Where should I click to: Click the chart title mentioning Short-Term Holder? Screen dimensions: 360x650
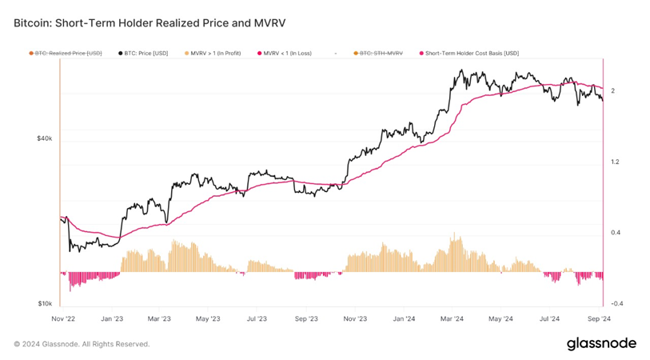[150, 23]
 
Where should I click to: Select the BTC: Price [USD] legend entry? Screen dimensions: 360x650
[146, 54]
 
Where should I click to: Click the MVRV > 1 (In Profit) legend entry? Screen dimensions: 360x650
[215, 54]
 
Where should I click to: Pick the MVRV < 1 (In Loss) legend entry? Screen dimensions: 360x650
[287, 54]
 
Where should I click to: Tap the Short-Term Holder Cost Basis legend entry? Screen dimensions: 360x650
[472, 54]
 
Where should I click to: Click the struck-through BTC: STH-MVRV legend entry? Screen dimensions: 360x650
[381, 54]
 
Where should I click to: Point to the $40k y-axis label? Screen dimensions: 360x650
[45, 138]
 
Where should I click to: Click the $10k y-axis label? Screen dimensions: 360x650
[45, 304]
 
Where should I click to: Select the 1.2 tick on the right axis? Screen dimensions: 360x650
[615, 162]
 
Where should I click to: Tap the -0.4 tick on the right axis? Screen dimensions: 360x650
[616, 304]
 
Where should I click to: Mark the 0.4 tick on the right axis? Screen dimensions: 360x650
[615, 233]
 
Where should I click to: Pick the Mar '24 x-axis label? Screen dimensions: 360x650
[453, 318]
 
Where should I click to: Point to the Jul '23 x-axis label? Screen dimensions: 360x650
[256, 318]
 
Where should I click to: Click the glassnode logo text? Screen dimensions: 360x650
[601, 343]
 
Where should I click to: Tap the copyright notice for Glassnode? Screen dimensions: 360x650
[82, 344]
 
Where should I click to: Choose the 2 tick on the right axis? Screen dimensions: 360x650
[612, 91]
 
